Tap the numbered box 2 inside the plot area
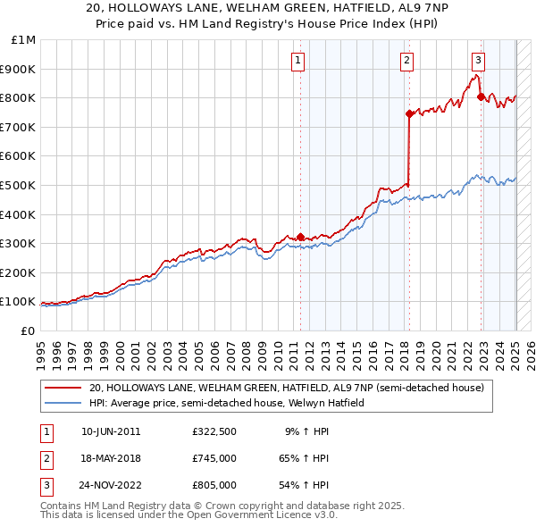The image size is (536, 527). (x=406, y=61)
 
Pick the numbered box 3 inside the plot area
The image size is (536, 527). (x=479, y=61)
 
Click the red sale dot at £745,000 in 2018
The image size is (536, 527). (x=409, y=113)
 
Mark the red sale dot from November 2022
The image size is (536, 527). (x=481, y=96)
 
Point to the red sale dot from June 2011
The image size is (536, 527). (x=300, y=237)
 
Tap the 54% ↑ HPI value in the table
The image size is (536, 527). (x=306, y=486)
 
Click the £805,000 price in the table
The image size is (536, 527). (x=214, y=486)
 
